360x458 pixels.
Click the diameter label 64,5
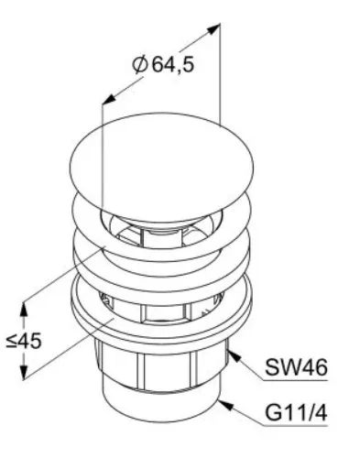(x=173, y=64)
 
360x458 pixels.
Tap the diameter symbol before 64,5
(x=140, y=64)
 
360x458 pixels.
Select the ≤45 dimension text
(x=24, y=341)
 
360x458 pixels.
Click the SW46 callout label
(x=296, y=367)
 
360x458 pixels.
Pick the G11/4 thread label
(x=296, y=412)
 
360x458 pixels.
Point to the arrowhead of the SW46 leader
(x=235, y=355)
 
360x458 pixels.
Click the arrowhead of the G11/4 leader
(x=225, y=405)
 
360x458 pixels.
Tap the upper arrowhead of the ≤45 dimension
(x=24, y=309)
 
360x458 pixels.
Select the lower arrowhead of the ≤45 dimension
(x=24, y=372)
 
